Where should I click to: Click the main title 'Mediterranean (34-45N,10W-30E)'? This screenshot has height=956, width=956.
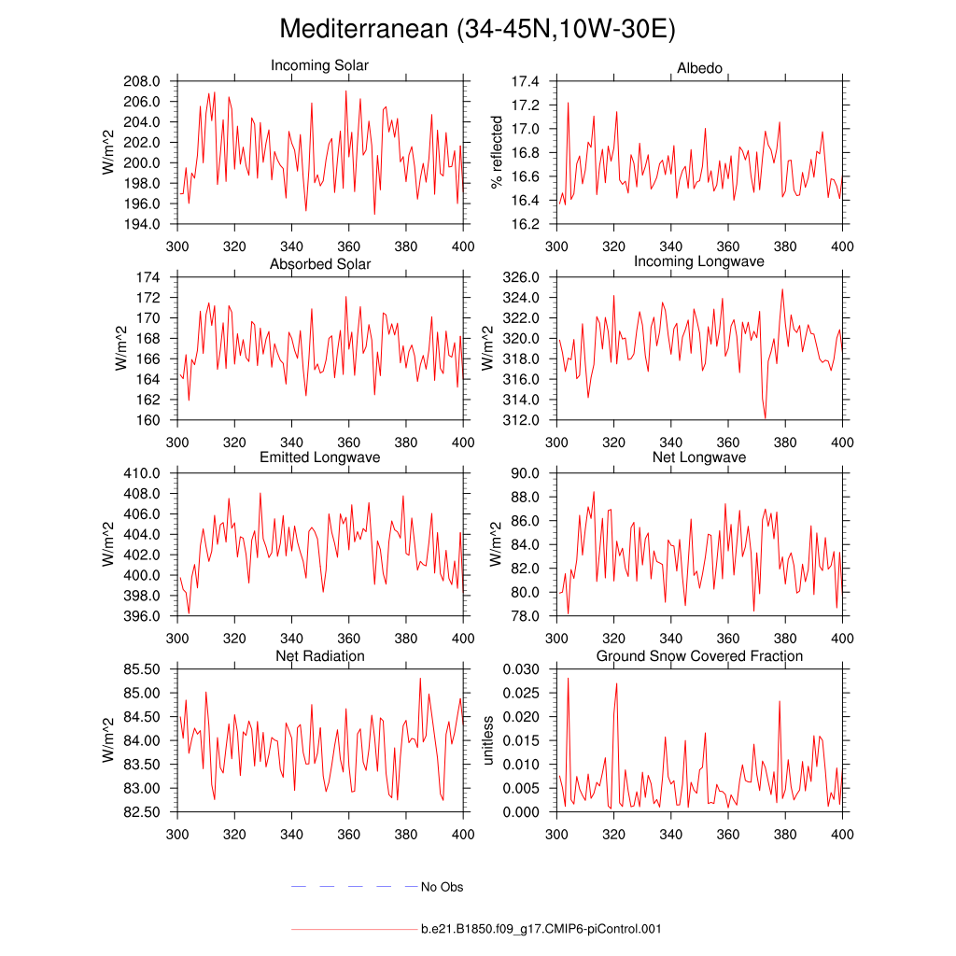pyautogui.click(x=477, y=30)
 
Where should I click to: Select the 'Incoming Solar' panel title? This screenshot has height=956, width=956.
pyautogui.click(x=319, y=66)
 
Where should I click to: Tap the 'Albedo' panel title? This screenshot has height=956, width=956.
pyautogui.click(x=699, y=69)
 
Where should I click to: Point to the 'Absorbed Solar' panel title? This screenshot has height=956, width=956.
pyautogui.click(x=319, y=264)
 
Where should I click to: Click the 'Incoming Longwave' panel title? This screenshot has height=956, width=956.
pyautogui.click(x=699, y=261)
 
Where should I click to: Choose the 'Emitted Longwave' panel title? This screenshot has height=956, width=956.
pyautogui.click(x=319, y=457)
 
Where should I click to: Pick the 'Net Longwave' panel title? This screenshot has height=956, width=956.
pyautogui.click(x=699, y=457)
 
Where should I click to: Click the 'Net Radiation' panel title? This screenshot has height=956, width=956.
pyautogui.click(x=319, y=656)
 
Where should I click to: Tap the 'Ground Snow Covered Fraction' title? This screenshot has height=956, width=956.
pyautogui.click(x=699, y=656)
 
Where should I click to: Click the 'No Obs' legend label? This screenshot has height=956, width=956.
pyautogui.click(x=442, y=887)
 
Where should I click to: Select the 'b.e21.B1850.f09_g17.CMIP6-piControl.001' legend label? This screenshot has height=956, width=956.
pyautogui.click(x=541, y=929)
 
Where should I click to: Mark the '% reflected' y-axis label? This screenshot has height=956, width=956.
pyautogui.click(x=497, y=152)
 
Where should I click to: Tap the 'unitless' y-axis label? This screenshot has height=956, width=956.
pyautogui.click(x=487, y=740)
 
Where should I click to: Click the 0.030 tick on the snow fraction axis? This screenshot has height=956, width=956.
pyautogui.click(x=522, y=669)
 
